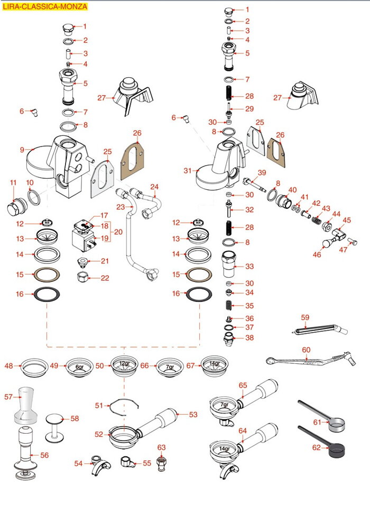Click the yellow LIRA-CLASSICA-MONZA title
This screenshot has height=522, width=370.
(44, 7)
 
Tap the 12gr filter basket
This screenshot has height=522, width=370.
(124, 365)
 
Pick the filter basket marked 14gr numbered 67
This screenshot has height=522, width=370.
(215, 365)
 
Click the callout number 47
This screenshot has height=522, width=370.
(344, 249)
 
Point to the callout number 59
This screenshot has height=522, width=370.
(305, 317)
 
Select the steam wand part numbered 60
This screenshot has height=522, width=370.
(307, 362)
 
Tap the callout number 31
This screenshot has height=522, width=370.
(188, 170)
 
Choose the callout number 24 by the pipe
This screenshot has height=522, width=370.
(154, 187)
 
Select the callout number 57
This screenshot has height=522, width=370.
(8, 396)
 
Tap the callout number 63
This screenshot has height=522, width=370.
(162, 447)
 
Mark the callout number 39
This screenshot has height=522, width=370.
(262, 173)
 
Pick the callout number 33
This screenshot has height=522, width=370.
(249, 266)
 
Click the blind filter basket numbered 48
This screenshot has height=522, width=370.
(34, 365)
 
